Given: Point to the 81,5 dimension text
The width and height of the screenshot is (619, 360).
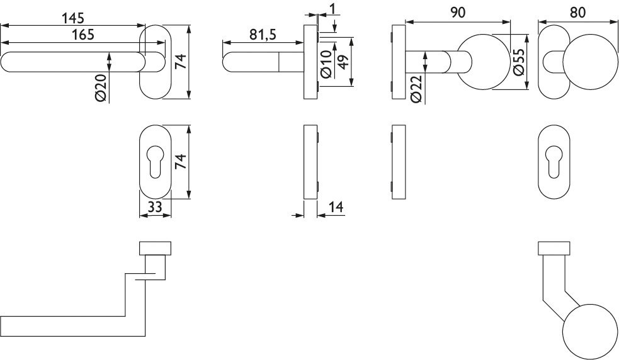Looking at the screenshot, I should click(x=263, y=35).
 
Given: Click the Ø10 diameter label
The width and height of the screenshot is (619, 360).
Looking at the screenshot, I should click(x=326, y=64).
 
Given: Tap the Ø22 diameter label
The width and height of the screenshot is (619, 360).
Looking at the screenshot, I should click(x=415, y=89).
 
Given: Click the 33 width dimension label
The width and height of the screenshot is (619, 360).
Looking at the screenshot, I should click(x=154, y=206).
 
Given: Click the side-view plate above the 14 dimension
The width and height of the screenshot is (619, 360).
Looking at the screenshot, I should click(x=310, y=162).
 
